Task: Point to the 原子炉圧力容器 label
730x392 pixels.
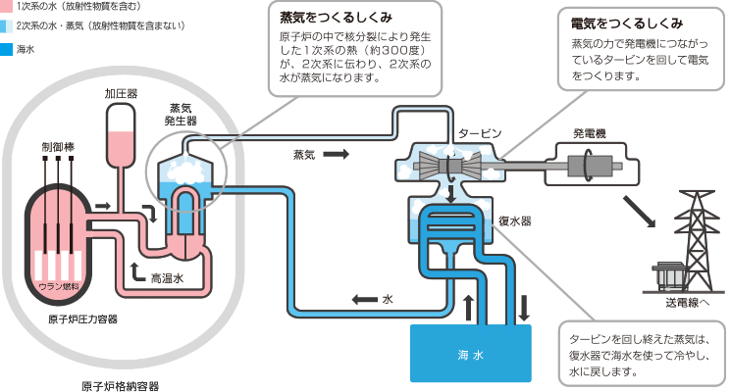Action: pos(82,319)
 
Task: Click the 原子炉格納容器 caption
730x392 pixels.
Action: pos(121,385)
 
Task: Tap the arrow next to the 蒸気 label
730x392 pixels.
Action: pos(336,154)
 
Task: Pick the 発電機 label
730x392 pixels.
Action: pos(590,132)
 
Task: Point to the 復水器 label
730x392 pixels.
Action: pos(515,221)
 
